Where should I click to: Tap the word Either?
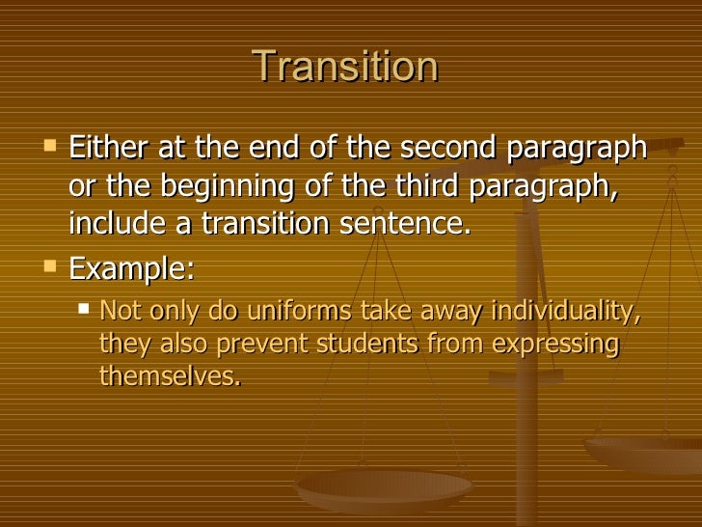[106, 151]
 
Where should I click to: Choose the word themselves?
[169, 376]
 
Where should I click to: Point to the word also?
[177, 344]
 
